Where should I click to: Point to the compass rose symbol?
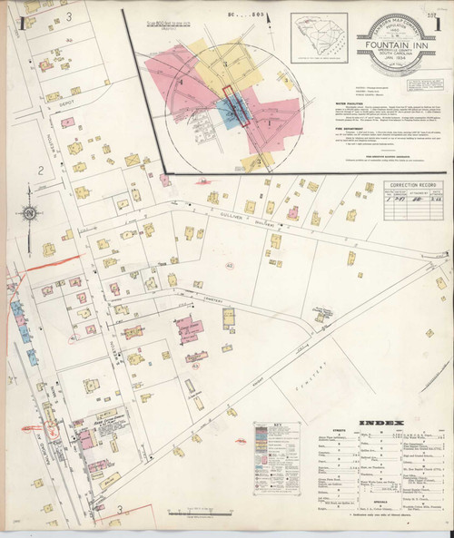[x=30, y=214]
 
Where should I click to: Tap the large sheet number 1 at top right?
[x=438, y=25]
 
